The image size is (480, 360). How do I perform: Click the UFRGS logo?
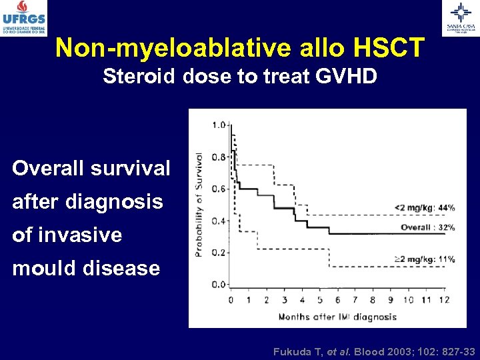[23, 18]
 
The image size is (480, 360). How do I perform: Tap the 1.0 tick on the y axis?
[218, 125]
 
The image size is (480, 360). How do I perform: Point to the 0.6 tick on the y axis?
[218, 189]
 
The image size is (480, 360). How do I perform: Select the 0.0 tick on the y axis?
[218, 285]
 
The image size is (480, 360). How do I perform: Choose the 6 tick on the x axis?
[337, 300]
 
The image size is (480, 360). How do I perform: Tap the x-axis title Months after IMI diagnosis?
[337, 317]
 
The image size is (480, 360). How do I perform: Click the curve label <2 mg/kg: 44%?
[424, 207]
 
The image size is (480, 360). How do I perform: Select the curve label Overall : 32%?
[427, 227]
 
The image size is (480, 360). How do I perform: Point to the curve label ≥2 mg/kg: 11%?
[424, 259]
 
